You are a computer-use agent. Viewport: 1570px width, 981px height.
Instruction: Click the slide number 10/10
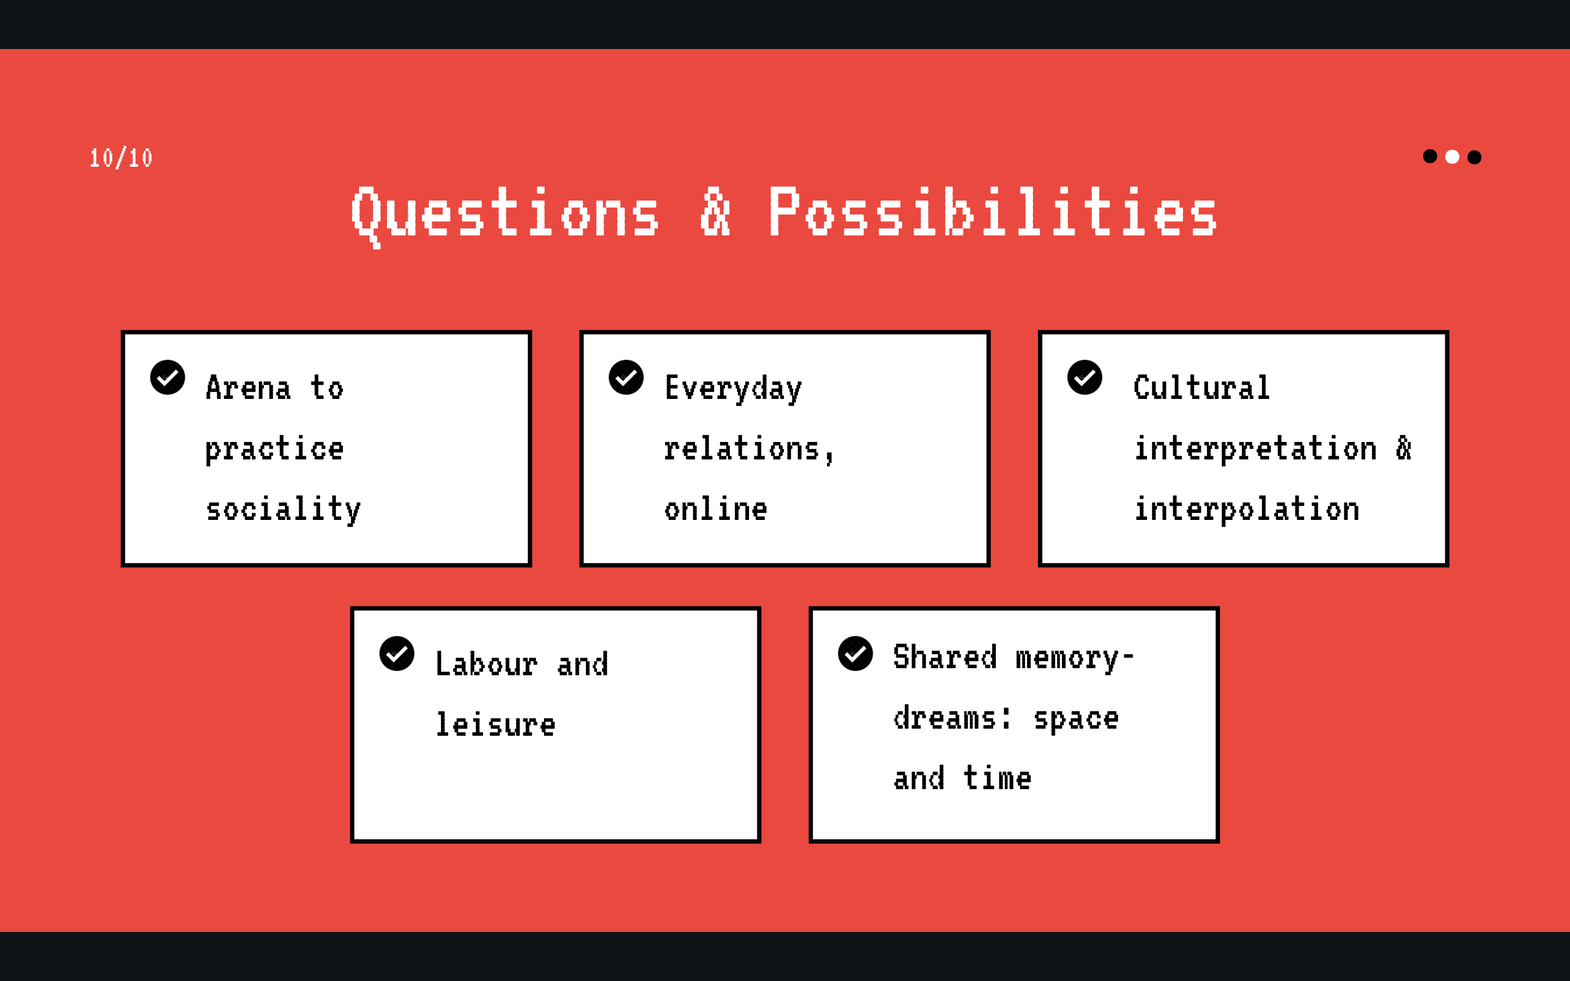tap(120, 158)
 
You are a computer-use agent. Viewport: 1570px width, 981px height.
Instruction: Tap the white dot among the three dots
tap(1452, 157)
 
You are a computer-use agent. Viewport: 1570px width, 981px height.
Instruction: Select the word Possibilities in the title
tap(993, 211)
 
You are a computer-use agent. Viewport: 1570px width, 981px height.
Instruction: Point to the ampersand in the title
tap(715, 211)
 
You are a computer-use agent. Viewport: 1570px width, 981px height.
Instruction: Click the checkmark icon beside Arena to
tap(167, 378)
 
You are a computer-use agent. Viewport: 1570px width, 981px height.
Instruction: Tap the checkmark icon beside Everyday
tap(626, 378)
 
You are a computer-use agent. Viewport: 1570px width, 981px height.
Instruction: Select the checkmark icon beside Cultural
tap(1085, 378)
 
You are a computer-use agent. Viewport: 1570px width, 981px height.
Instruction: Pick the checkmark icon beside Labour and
tap(397, 653)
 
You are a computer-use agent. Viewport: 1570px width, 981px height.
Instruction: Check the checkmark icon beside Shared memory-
tap(856, 653)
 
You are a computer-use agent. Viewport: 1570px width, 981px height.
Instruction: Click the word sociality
tap(283, 510)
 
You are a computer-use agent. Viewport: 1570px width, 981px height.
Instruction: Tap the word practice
tap(274, 450)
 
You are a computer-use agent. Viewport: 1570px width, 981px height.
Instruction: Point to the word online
tap(716, 510)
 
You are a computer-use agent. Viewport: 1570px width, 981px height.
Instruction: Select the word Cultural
tap(1201, 387)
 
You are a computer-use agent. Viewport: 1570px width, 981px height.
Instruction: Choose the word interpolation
tap(1247, 510)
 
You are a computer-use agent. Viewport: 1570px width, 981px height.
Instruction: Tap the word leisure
tap(496, 725)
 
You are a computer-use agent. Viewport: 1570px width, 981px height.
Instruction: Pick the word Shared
tap(945, 657)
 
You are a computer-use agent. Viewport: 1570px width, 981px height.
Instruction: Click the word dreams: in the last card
tap(952, 718)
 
